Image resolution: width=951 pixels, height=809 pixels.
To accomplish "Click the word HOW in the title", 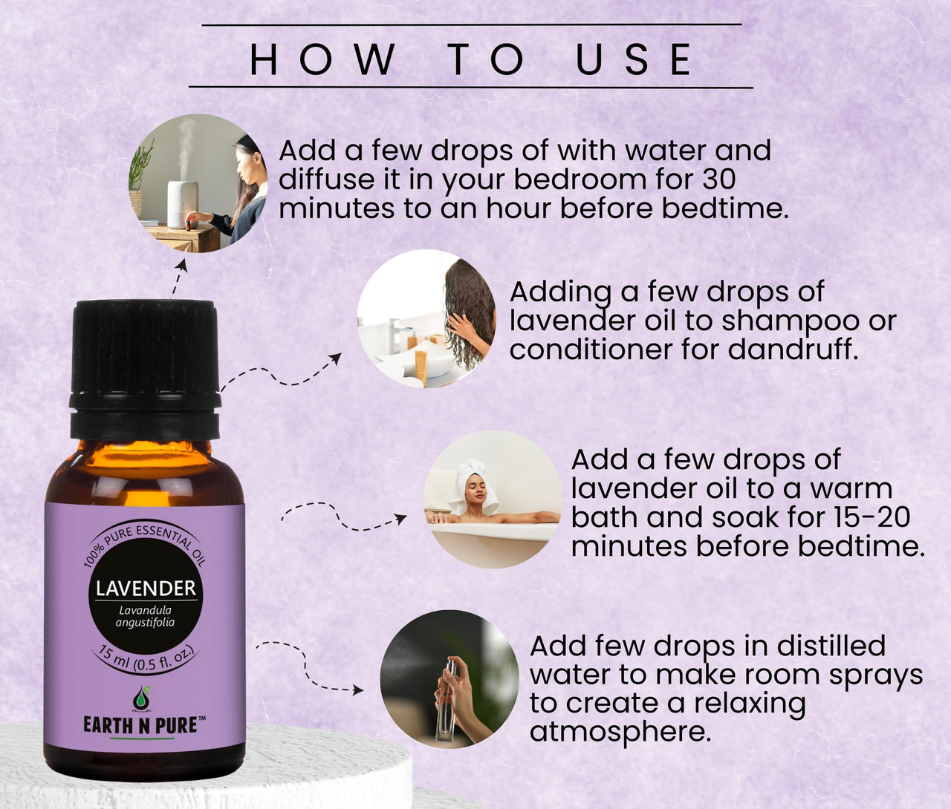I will (322, 59).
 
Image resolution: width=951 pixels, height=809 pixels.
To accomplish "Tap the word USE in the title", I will (635, 59).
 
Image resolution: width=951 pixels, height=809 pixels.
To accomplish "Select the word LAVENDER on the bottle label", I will (146, 589).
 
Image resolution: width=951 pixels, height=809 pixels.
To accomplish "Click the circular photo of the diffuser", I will (198, 183).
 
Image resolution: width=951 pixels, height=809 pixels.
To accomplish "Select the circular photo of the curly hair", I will (426, 318).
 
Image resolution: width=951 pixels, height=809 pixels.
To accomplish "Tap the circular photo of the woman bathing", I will (493, 499).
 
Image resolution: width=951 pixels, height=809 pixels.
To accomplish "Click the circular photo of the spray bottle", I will (449, 679).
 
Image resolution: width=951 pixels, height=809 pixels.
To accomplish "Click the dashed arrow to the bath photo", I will (342, 517).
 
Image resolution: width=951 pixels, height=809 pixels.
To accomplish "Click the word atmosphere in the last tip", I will (620, 732).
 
